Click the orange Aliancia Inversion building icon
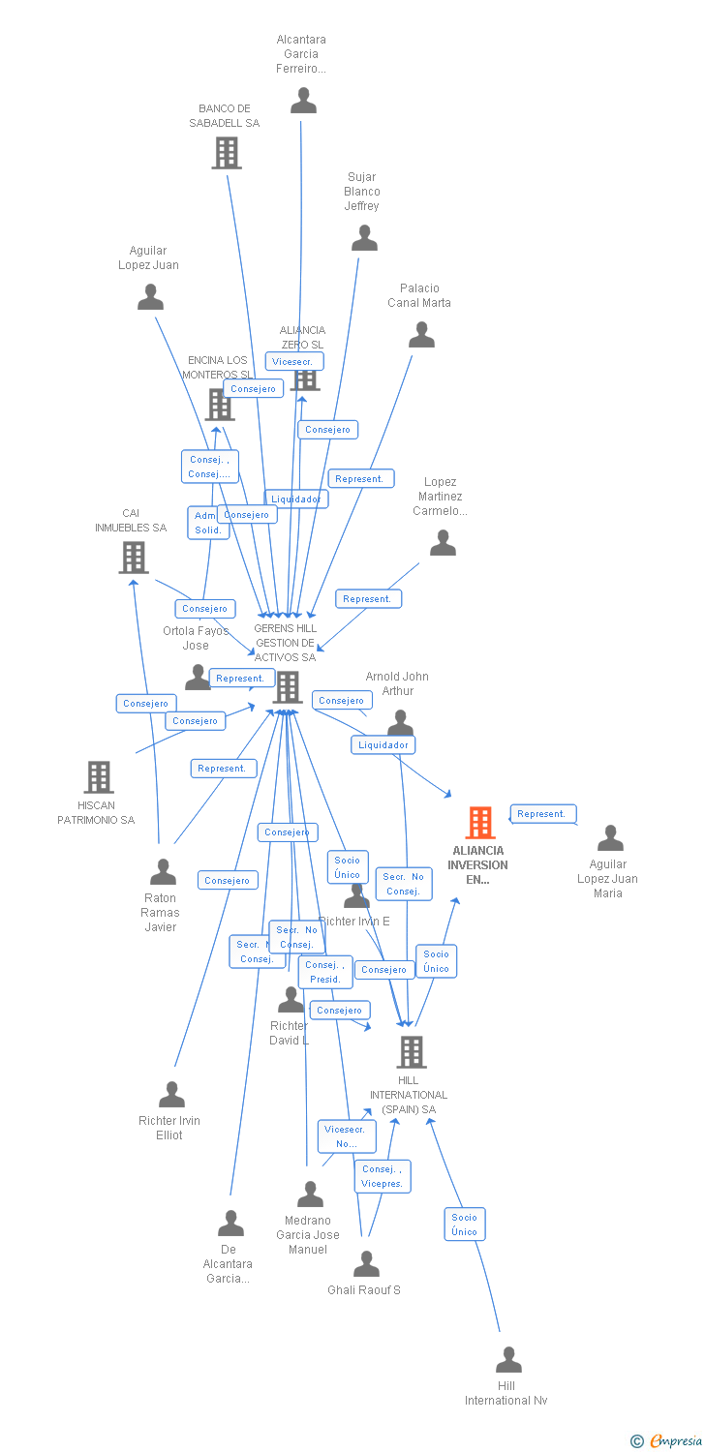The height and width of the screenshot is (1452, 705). [x=480, y=823]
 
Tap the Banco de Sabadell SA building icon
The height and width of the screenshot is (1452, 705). [x=227, y=153]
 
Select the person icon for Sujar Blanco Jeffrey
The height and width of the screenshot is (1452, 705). [x=364, y=238]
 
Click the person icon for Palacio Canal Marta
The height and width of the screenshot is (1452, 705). [x=421, y=335]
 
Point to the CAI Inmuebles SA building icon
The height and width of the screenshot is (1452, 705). [x=134, y=558]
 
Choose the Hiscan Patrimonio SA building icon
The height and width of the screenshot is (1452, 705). [x=99, y=776]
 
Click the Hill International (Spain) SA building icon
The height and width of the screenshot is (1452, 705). [x=412, y=1052]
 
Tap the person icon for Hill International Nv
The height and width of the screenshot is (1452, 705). [x=508, y=1360]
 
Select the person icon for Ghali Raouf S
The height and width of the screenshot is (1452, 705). [x=366, y=1264]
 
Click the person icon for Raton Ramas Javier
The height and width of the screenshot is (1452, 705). [x=163, y=872]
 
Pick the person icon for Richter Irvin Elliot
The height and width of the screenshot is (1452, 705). [x=171, y=1095]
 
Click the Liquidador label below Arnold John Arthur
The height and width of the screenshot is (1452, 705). [x=383, y=744]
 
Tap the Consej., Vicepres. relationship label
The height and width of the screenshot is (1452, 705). [x=383, y=1176]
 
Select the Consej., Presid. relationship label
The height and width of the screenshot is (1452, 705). [x=325, y=972]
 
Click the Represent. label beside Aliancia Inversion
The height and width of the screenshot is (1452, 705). [x=542, y=814]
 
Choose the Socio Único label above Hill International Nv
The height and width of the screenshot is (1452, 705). [x=465, y=1225]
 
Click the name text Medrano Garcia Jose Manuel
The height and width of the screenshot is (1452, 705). [x=308, y=1235]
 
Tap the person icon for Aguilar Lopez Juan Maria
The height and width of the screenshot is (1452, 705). [x=610, y=838]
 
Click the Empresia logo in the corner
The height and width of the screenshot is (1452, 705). [x=667, y=1440]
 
